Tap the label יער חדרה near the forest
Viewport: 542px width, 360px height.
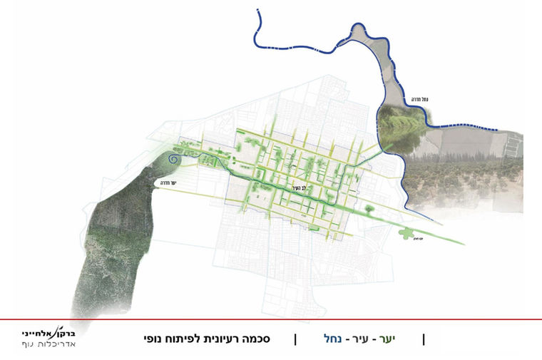169,183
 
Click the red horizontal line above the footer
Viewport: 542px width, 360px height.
271,319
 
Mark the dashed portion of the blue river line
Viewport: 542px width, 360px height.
471,126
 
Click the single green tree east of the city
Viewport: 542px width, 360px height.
369,209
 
